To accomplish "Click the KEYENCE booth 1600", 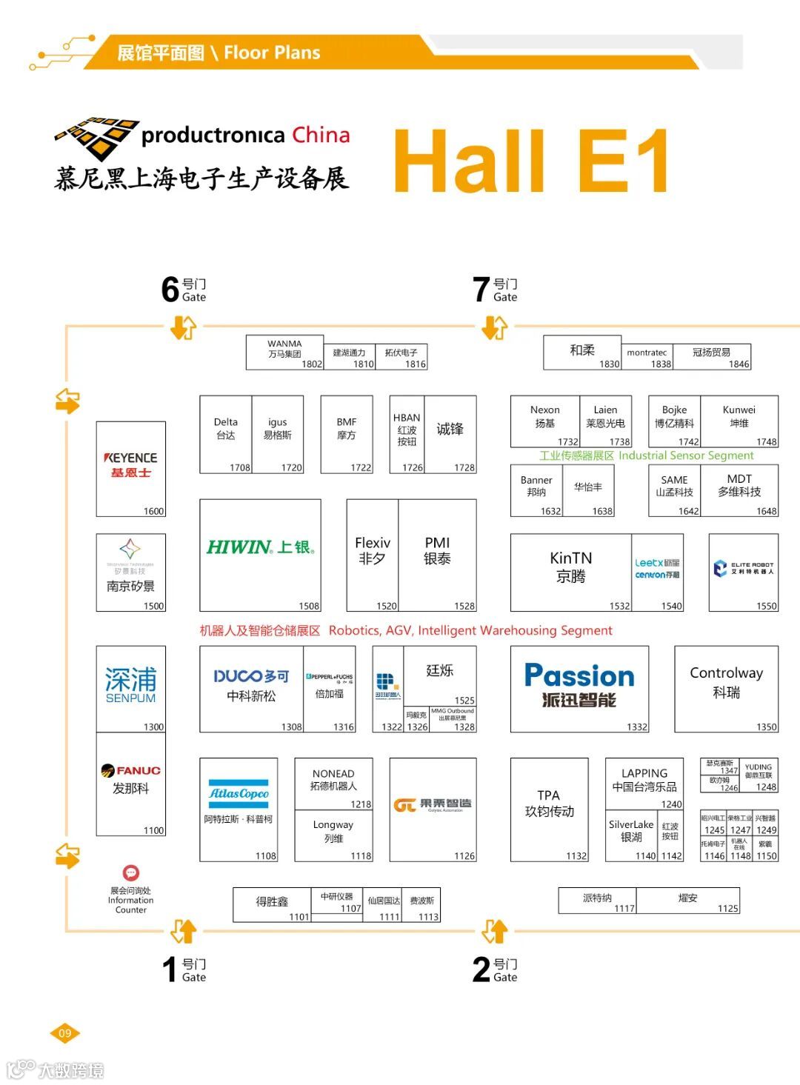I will click(130, 468).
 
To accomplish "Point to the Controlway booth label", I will click(726, 682).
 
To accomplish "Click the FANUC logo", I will click(131, 770).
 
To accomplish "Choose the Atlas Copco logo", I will click(239, 794).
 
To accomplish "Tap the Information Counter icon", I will click(131, 872).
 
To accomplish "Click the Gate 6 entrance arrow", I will click(183, 327).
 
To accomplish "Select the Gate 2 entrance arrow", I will click(495, 930).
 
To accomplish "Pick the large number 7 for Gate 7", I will click(481, 290).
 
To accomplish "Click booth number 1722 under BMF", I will click(361, 467).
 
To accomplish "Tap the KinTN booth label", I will click(570, 567).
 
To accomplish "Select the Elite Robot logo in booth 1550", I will click(743, 568).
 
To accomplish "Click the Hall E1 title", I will click(530, 161).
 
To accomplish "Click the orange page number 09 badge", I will click(65, 1033).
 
